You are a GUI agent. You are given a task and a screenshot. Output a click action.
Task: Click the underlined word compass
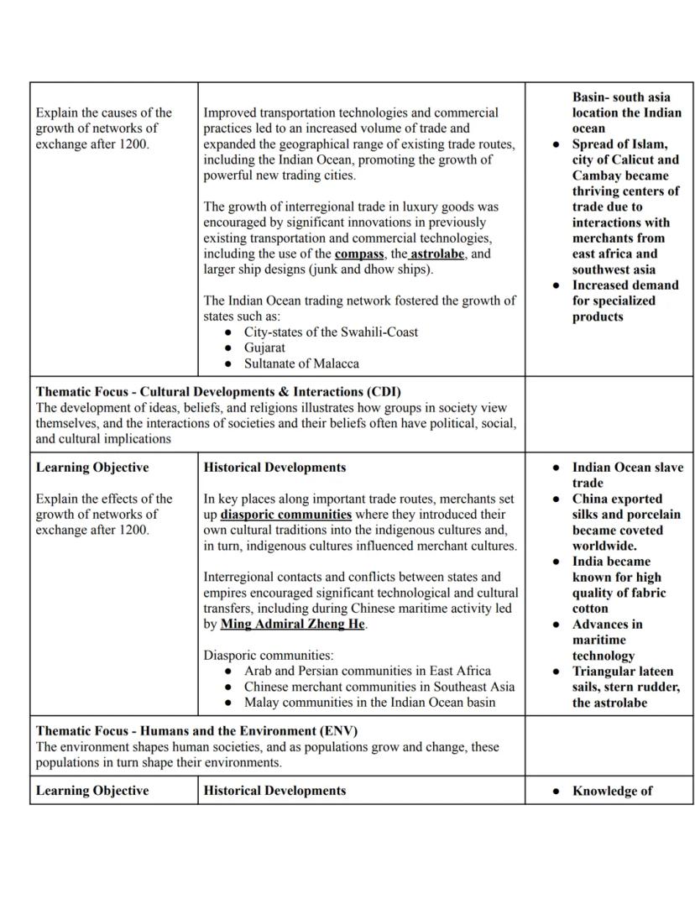359,253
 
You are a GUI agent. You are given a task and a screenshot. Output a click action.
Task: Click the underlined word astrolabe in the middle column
437,253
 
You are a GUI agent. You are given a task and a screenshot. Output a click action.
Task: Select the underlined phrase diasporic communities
286,514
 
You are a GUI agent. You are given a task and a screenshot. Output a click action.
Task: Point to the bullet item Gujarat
264,348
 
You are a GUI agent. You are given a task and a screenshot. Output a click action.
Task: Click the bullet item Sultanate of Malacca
301,363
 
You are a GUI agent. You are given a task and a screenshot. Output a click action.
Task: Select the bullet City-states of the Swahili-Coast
331,332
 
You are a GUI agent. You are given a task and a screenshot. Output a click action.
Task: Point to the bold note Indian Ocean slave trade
627,475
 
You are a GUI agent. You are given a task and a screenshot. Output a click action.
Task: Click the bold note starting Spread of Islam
619,144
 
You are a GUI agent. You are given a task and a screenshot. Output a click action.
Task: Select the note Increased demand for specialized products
624,301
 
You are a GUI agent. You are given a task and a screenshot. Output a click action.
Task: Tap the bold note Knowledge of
612,791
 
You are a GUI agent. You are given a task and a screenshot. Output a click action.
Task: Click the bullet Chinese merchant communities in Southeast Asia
379,687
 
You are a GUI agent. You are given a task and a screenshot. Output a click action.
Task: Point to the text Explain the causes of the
103,112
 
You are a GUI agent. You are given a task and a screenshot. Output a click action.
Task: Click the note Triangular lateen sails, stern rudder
625,687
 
